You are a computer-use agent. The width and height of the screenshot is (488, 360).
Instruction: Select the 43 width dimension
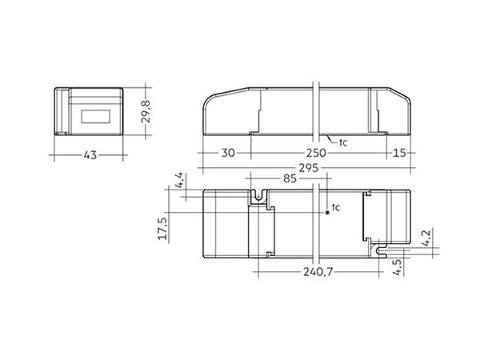coord(90,154)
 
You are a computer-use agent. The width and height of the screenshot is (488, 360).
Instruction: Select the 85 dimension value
coord(287,181)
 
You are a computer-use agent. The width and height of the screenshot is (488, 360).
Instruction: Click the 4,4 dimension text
coord(181,180)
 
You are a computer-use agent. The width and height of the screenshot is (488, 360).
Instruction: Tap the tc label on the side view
coord(343,142)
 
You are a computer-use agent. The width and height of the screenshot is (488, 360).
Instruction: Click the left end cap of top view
coord(227,224)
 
